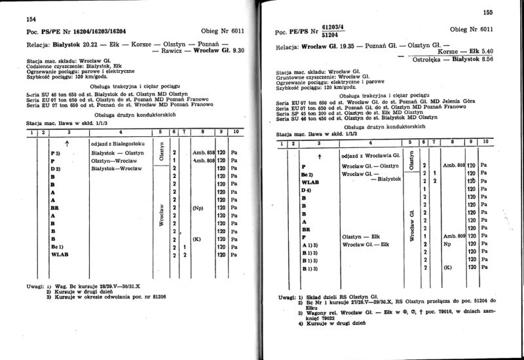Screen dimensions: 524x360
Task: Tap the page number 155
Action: pos(488,11)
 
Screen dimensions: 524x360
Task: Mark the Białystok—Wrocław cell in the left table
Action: pos(115,168)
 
